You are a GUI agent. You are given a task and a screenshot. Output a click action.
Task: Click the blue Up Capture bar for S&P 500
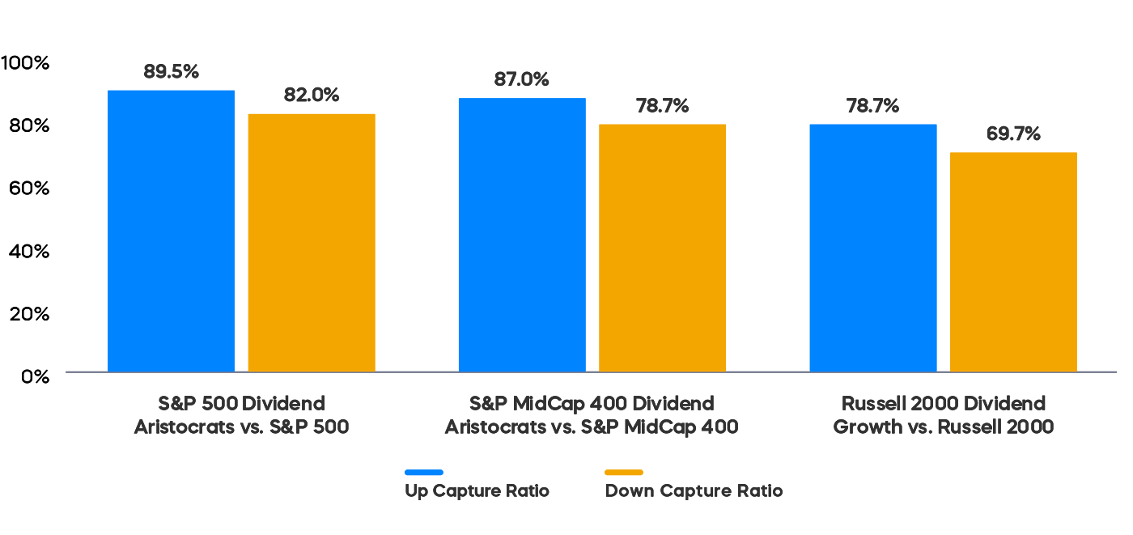pyautogui.click(x=171, y=231)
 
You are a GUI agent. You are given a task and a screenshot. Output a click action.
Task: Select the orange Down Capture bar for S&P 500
pyautogui.click(x=311, y=242)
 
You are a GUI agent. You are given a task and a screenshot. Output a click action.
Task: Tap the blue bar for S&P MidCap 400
pyautogui.click(x=521, y=235)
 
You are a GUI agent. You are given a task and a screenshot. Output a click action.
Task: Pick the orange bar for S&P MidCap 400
pyautogui.click(x=662, y=248)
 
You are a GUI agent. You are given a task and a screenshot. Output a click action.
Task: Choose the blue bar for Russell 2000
pyautogui.click(x=872, y=248)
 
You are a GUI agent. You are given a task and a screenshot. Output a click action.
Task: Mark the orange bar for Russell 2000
pyautogui.click(x=1012, y=261)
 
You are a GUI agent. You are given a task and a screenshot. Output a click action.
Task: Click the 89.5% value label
pyautogui.click(x=171, y=71)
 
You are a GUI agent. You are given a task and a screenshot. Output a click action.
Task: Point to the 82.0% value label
pyautogui.click(x=311, y=95)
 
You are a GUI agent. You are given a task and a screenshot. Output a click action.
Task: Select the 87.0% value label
pyautogui.click(x=521, y=79)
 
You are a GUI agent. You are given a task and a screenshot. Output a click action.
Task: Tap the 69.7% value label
pyautogui.click(x=1012, y=134)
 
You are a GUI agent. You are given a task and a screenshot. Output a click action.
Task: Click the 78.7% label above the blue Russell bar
pyautogui.click(x=872, y=106)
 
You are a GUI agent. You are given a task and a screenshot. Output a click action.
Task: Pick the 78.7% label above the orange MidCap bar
pyautogui.click(x=662, y=106)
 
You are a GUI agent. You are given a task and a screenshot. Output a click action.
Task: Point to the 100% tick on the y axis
pyautogui.click(x=26, y=62)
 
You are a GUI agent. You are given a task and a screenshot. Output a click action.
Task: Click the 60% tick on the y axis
pyautogui.click(x=29, y=188)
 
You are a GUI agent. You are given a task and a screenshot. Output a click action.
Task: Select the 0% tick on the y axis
pyautogui.click(x=35, y=376)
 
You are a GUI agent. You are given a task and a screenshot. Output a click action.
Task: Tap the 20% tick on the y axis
pyautogui.click(x=29, y=313)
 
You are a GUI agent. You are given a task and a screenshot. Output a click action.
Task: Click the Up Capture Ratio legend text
pyautogui.click(x=477, y=490)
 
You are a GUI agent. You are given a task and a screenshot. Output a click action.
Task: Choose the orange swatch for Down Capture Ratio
pyautogui.click(x=623, y=472)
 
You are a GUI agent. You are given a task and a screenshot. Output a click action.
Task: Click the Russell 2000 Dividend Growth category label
pyautogui.click(x=943, y=415)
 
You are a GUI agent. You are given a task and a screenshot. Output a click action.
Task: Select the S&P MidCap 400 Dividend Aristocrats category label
pyautogui.click(x=592, y=415)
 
